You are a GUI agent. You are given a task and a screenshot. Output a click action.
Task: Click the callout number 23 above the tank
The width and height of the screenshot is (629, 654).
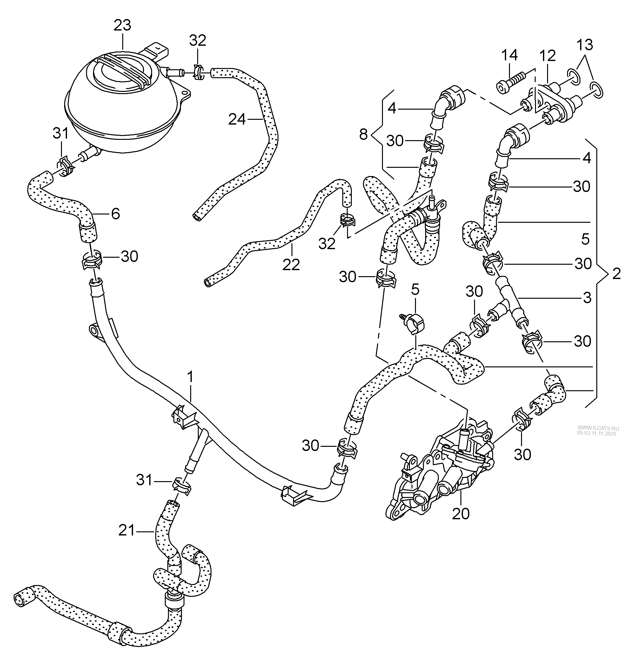click(122, 26)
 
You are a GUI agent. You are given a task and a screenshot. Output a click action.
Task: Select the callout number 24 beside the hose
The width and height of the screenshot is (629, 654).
click(237, 119)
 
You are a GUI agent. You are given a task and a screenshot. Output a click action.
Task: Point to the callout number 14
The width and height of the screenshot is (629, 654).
click(509, 55)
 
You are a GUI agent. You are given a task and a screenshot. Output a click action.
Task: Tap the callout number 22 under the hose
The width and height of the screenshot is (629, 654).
click(291, 265)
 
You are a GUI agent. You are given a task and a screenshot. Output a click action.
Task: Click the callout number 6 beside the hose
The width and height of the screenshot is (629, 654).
click(115, 214)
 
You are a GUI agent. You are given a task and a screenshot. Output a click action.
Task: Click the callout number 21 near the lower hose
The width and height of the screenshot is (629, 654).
click(127, 530)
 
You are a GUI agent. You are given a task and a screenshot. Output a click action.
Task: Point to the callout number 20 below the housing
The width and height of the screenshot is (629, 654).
click(461, 514)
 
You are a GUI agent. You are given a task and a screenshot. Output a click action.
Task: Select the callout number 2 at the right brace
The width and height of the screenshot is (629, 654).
click(616, 274)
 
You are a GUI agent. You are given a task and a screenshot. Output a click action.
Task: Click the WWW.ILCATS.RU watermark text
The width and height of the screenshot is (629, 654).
click(598, 428)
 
